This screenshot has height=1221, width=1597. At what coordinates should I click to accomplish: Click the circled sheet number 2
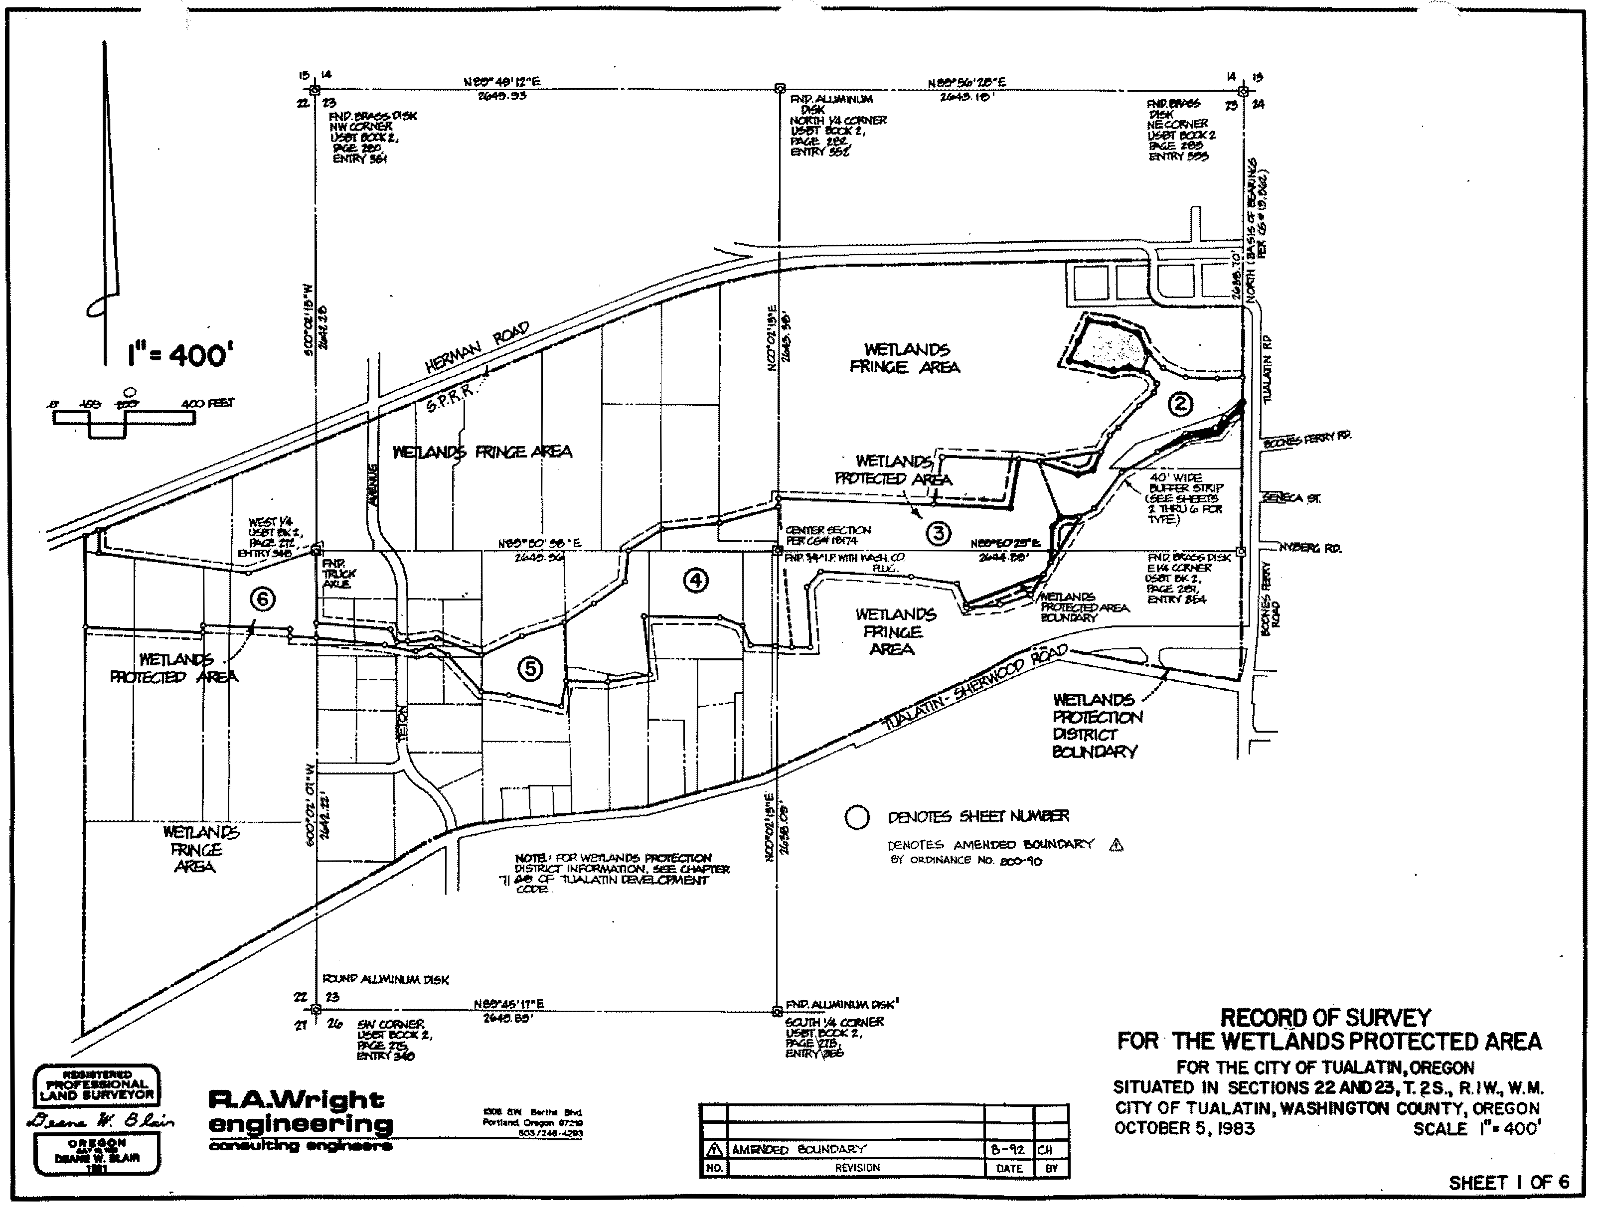tap(1180, 403)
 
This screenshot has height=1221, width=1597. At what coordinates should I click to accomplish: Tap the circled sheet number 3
tap(938, 533)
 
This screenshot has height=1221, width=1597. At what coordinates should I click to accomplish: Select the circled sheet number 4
tap(696, 580)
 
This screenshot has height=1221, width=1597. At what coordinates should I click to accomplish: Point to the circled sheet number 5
tap(530, 668)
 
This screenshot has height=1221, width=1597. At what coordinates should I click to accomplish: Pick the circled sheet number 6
tap(262, 599)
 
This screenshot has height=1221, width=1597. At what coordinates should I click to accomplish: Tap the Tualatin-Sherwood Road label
tap(974, 688)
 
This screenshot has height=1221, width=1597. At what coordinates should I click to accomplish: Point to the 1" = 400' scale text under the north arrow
tap(179, 355)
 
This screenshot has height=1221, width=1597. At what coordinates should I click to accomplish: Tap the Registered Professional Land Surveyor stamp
tap(97, 1086)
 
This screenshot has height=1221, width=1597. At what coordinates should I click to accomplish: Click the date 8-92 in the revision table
tap(1008, 1150)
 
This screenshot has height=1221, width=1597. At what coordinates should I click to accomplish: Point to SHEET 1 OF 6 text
tap(1508, 1183)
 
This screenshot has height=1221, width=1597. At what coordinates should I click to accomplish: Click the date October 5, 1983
tap(1184, 1129)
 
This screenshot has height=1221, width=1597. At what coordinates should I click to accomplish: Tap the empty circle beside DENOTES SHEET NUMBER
tap(857, 818)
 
